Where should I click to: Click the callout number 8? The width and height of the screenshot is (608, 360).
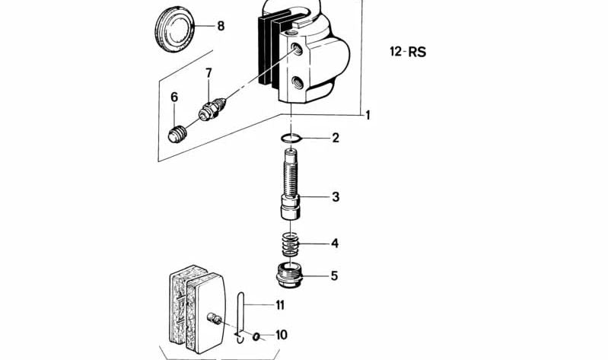tap(221, 26)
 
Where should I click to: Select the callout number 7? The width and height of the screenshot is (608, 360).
tap(208, 73)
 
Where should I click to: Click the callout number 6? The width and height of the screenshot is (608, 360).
tap(173, 97)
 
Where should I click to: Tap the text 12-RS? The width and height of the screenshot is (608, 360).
tap(407, 53)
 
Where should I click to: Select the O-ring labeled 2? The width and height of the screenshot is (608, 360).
tap(291, 139)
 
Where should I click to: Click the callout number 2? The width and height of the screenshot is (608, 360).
tap(335, 139)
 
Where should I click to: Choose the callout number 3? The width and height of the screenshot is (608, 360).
tap(335, 197)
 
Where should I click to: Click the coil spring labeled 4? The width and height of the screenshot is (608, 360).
tap(291, 244)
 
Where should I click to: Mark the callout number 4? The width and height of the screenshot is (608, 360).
tap(334, 244)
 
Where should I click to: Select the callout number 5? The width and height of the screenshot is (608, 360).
tap(334, 276)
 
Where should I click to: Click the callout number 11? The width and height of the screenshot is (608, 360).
tap(280, 305)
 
